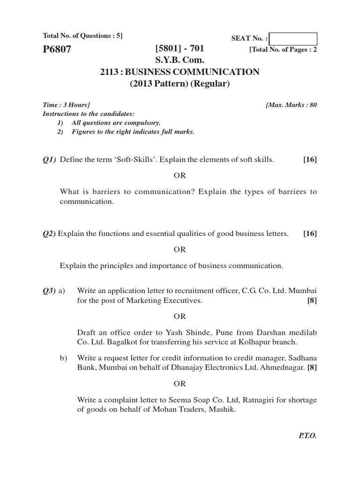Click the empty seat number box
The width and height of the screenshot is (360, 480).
(x=293, y=39)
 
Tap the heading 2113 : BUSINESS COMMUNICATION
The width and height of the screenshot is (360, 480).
(x=180, y=72)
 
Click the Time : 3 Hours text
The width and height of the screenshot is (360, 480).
(x=67, y=105)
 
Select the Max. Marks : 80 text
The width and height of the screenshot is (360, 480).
(x=291, y=105)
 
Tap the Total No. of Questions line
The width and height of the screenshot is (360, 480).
(x=82, y=36)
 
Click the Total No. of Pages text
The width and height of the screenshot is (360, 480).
(x=283, y=49)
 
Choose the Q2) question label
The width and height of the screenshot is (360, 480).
(x=49, y=233)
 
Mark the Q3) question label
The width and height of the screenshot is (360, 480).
(x=49, y=291)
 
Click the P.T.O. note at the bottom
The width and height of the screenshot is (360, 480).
(x=307, y=435)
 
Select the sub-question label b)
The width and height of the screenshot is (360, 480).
(x=64, y=359)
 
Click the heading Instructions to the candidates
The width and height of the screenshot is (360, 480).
(x=88, y=114)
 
